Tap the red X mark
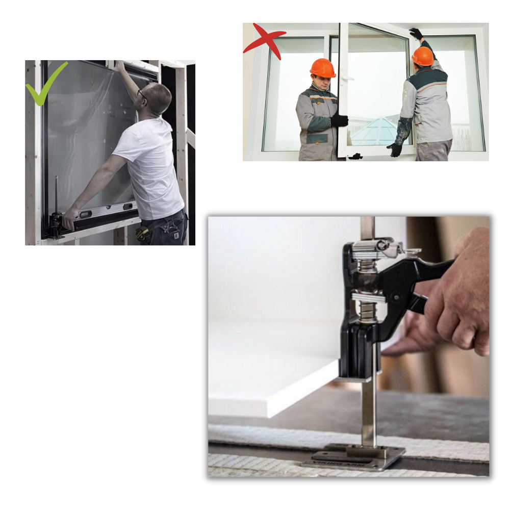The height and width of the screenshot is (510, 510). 264,41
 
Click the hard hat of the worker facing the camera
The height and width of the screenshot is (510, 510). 322,68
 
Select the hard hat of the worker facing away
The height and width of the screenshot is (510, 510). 423,56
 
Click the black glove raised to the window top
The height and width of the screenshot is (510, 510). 416,34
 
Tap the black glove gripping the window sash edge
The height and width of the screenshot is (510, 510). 339,120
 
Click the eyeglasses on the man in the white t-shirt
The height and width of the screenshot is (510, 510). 142,95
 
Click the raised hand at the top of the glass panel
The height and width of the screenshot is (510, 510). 119,65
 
